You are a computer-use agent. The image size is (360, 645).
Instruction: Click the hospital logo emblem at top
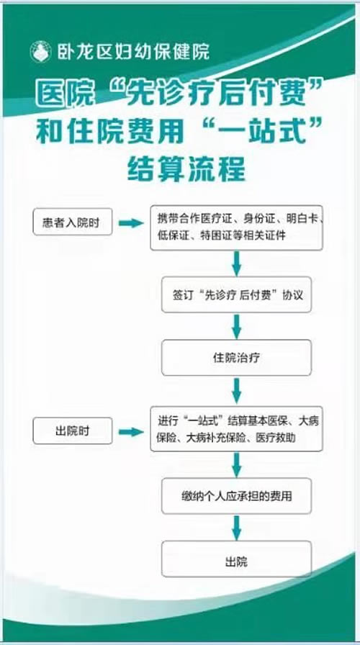pyautogui.click(x=40, y=53)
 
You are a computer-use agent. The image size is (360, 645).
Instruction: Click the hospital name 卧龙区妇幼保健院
pyautogui.click(x=133, y=52)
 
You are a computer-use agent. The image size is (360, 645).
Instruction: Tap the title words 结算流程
pyautogui.click(x=186, y=169)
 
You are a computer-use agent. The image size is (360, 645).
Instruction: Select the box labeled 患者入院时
pyautogui.click(x=73, y=222)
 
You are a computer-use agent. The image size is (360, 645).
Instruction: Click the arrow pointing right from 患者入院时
pyautogui.click(x=131, y=223)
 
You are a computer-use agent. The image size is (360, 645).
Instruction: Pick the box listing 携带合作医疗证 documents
pyautogui.click(x=236, y=227)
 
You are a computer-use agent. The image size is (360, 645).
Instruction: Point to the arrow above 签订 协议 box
pyautogui.click(x=236, y=263)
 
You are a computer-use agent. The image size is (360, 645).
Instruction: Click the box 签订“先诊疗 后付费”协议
pyautogui.click(x=236, y=294)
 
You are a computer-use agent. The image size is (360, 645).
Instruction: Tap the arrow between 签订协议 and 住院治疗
pyautogui.click(x=236, y=326)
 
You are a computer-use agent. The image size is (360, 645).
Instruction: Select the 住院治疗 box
pyautogui.click(x=236, y=358)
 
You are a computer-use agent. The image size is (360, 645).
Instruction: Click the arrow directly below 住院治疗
pyautogui.click(x=236, y=391)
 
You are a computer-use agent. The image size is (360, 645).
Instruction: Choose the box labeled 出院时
pyautogui.click(x=73, y=430)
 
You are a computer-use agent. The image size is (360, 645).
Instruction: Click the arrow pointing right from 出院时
pyautogui.click(x=131, y=432)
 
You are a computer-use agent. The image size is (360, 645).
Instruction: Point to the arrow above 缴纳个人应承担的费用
pyautogui.click(x=236, y=465)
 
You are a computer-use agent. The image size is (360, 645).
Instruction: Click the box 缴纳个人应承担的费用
pyautogui.click(x=236, y=496)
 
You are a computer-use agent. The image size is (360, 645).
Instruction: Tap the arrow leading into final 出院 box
pyautogui.click(x=236, y=528)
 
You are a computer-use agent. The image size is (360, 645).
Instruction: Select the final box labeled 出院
pyautogui.click(x=236, y=559)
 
